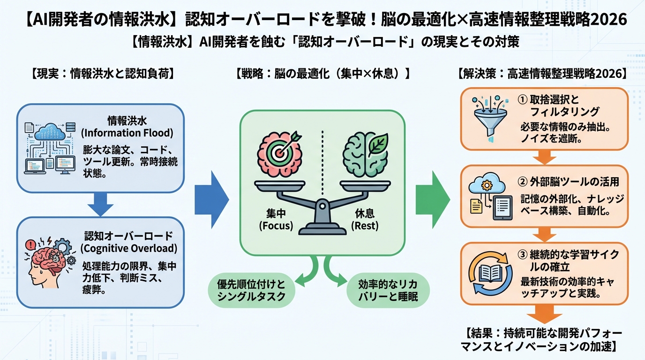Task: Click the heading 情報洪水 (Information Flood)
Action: [127, 126]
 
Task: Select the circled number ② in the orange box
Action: [523, 181]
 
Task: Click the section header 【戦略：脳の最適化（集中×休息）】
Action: [322, 74]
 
